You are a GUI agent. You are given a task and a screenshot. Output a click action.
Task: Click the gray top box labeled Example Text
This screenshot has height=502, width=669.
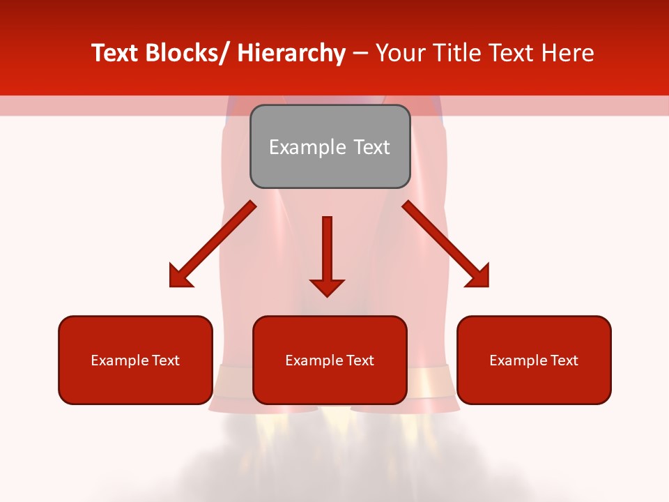(330, 146)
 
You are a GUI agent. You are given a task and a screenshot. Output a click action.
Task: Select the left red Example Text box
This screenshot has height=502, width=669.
(135, 360)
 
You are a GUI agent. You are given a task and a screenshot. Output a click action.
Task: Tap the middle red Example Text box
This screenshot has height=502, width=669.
(330, 360)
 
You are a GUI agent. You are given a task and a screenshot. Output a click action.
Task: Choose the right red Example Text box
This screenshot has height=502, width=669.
(534, 360)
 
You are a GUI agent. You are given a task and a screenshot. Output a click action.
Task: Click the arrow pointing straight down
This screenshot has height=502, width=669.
(327, 255)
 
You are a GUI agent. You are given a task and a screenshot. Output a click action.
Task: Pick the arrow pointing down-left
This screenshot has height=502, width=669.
(213, 243)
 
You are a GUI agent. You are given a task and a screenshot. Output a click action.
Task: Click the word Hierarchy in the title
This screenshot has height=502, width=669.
(291, 53)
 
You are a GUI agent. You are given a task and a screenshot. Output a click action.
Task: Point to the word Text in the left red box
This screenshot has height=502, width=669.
(165, 360)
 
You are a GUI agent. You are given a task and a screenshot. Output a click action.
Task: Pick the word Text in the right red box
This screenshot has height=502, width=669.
(564, 360)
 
